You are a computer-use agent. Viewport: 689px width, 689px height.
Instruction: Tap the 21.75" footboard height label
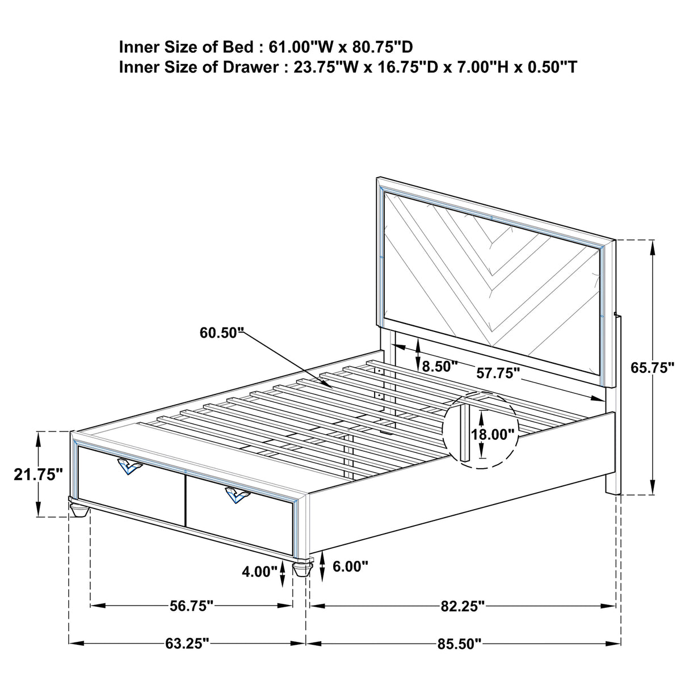pos(38,474)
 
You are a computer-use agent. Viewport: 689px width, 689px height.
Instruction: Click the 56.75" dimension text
pos(191,606)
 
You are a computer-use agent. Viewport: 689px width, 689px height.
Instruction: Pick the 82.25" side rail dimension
pos(463,606)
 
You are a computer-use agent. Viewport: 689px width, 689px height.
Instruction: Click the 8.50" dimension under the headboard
pos(440,367)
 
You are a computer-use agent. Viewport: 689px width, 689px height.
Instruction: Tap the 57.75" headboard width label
pos(498,373)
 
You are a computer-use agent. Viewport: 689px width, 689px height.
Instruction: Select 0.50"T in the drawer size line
pos(552,67)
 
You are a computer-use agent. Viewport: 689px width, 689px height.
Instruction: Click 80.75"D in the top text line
pos(383,47)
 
